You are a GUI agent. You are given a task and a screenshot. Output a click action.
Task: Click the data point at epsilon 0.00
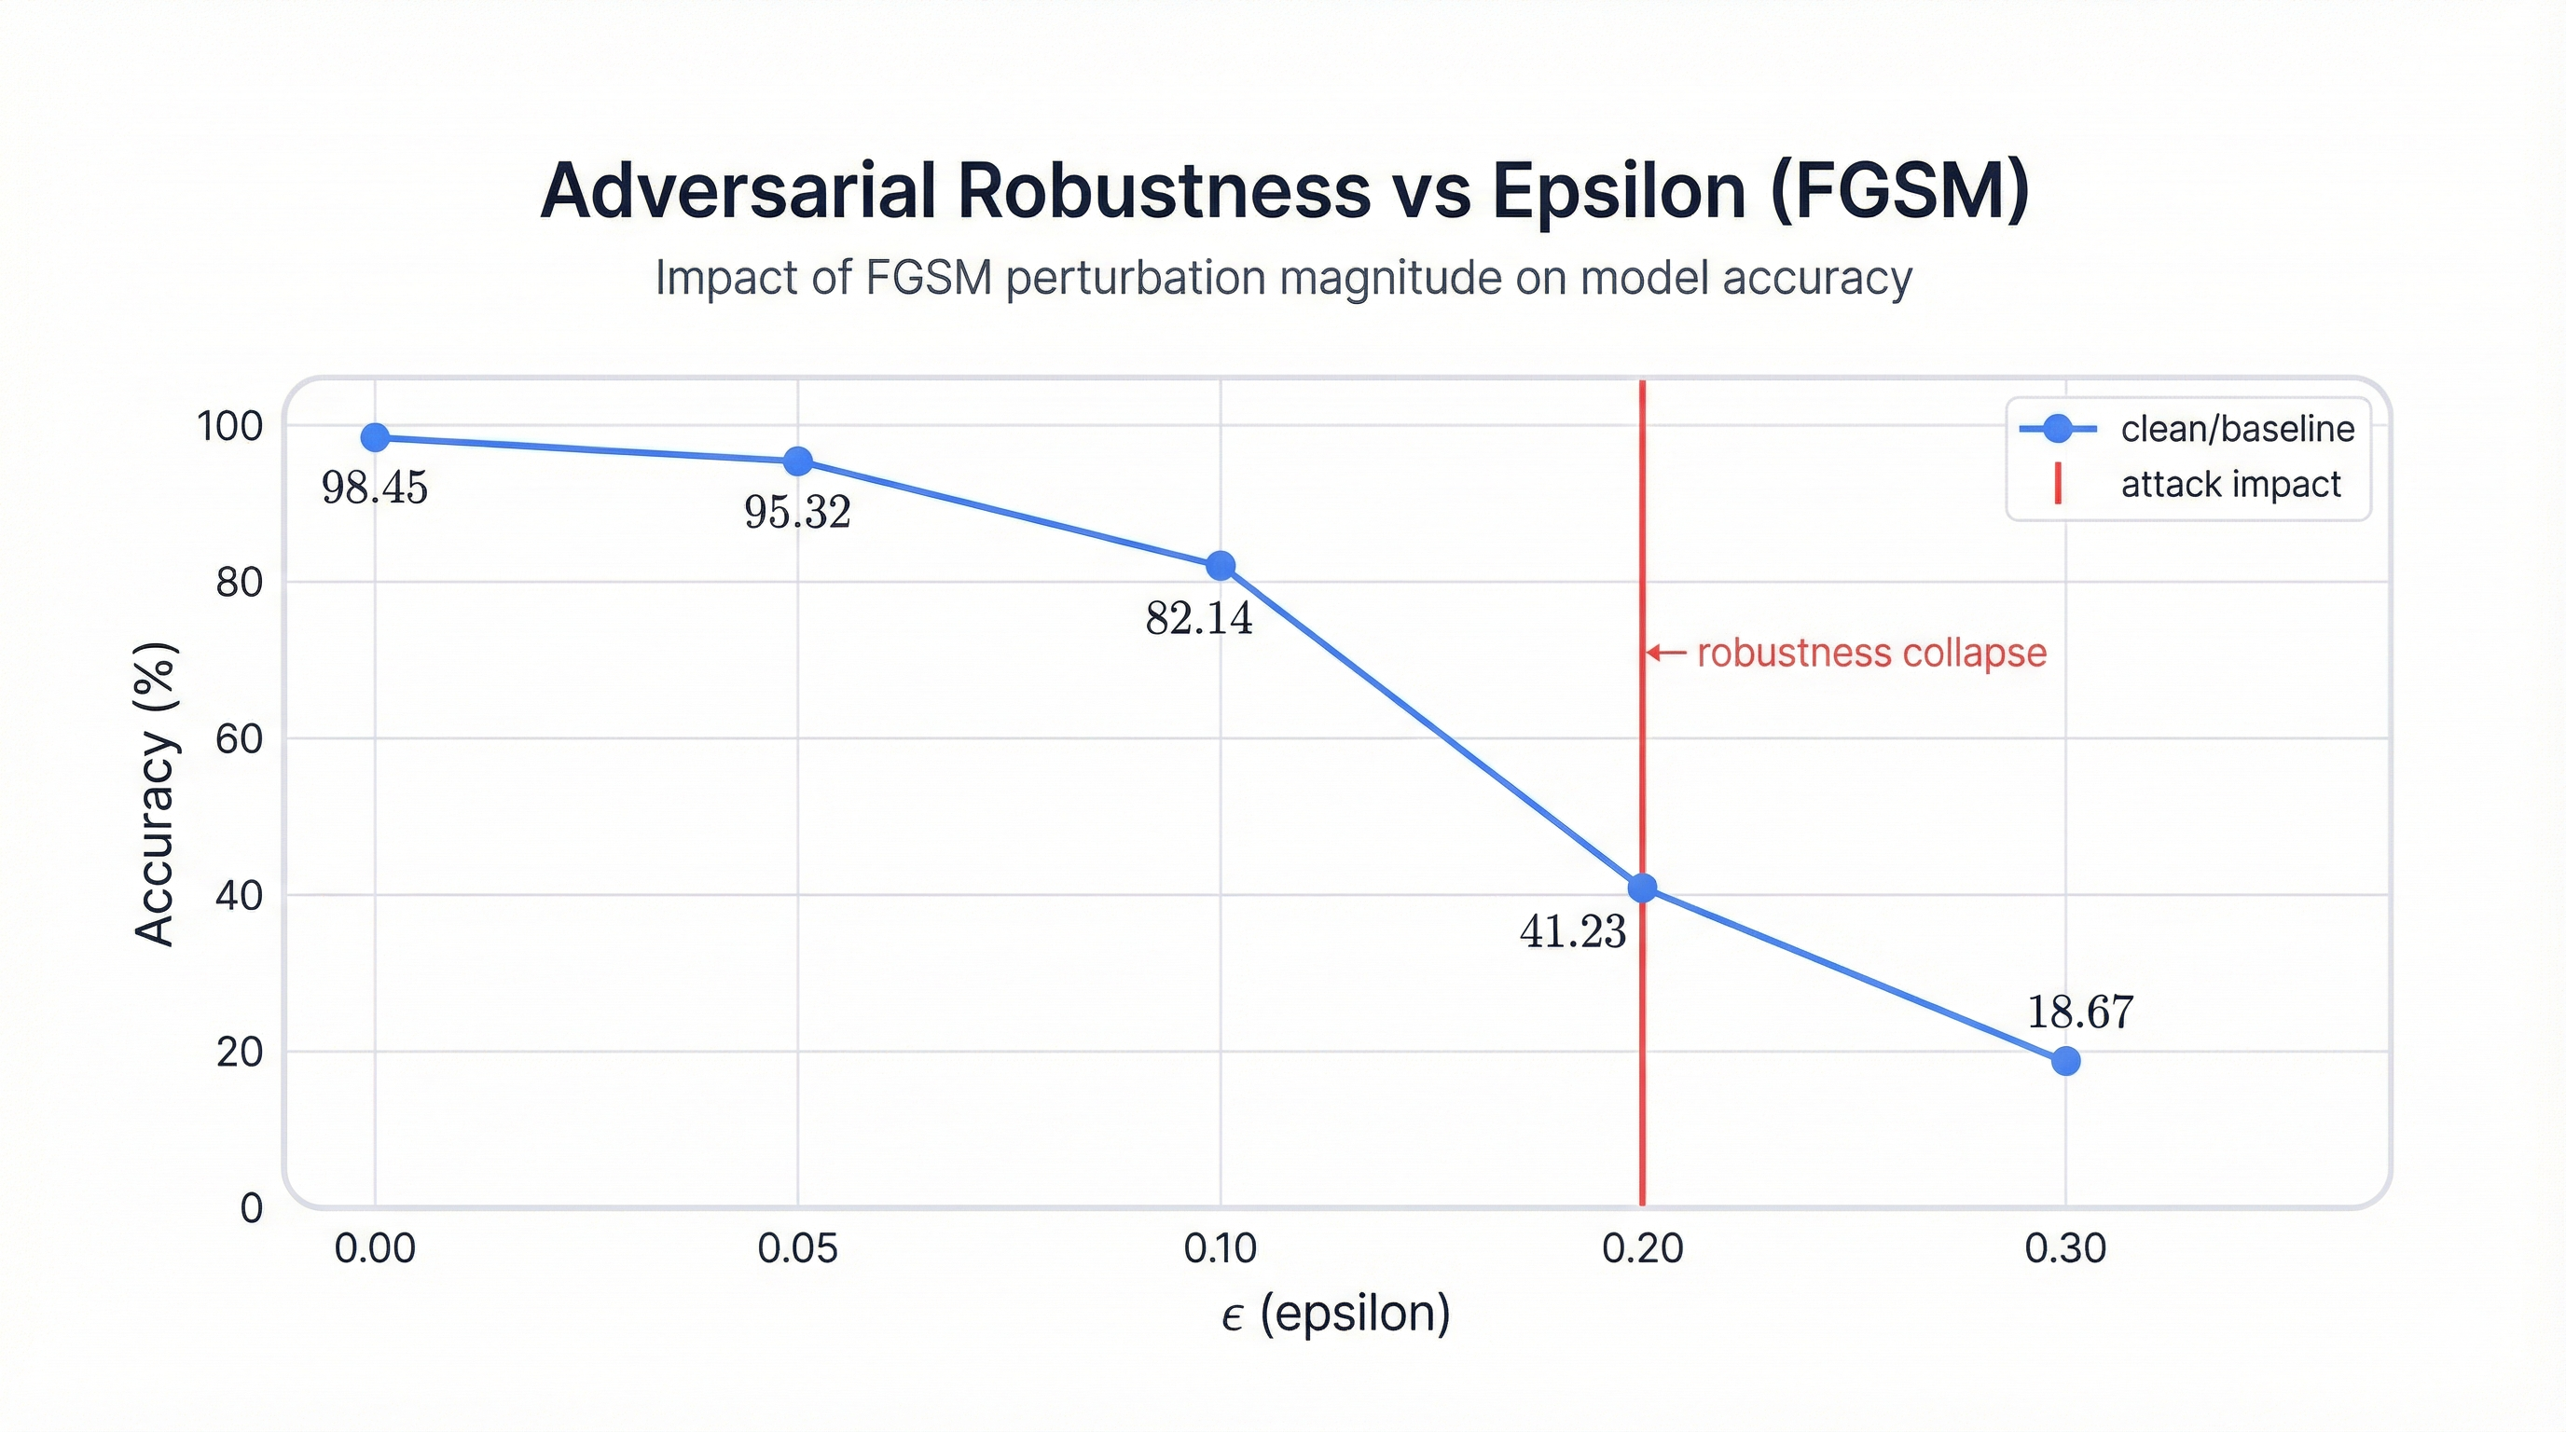(375, 437)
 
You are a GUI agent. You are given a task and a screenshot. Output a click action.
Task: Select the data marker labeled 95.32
(798, 461)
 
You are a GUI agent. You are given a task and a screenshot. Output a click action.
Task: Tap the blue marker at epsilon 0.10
(1221, 566)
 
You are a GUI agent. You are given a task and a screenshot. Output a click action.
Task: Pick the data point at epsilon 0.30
(2066, 1061)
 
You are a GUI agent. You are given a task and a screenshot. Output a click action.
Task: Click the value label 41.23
(1573, 932)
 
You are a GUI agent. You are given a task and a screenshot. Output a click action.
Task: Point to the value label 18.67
(2080, 1012)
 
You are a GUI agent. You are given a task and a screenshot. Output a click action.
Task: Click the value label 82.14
(1198, 618)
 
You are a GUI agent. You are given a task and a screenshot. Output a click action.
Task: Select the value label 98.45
(375, 488)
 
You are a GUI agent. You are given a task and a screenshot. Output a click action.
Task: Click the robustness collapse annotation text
(1870, 654)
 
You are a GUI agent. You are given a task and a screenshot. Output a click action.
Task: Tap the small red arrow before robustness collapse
(1664, 654)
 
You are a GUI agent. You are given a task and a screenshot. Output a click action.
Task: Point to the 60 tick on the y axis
(239, 739)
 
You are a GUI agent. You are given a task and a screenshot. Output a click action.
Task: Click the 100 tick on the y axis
(230, 426)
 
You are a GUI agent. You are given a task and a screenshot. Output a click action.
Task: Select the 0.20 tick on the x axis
(1643, 1247)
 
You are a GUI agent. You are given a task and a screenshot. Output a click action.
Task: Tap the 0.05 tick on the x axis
(798, 1247)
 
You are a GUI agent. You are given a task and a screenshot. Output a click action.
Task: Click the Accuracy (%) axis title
(156, 793)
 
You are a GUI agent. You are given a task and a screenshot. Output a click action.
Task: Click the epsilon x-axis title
(1335, 1314)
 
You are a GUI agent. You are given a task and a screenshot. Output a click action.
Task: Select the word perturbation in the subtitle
(1134, 278)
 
